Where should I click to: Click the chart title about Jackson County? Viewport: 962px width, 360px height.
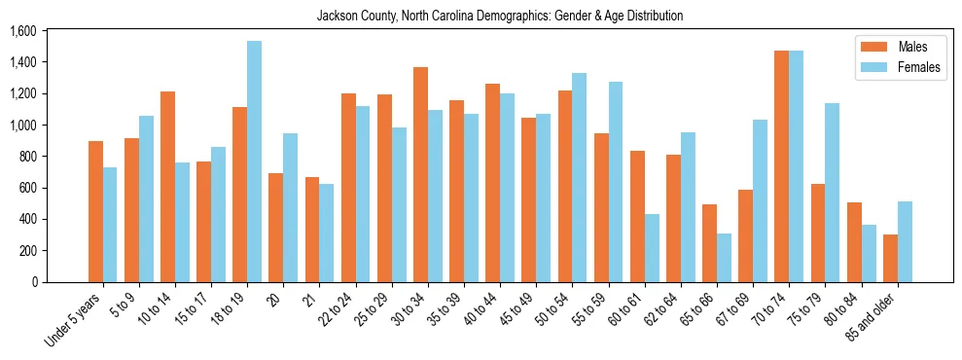tap(500, 16)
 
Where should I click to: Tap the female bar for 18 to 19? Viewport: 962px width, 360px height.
tap(254, 162)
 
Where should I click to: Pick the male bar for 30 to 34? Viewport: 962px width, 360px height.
tap(420, 174)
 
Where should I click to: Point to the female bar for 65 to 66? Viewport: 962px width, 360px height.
tap(724, 258)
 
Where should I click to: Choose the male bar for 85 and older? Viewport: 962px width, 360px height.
tap(890, 258)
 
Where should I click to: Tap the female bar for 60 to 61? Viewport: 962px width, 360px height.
tap(652, 248)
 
